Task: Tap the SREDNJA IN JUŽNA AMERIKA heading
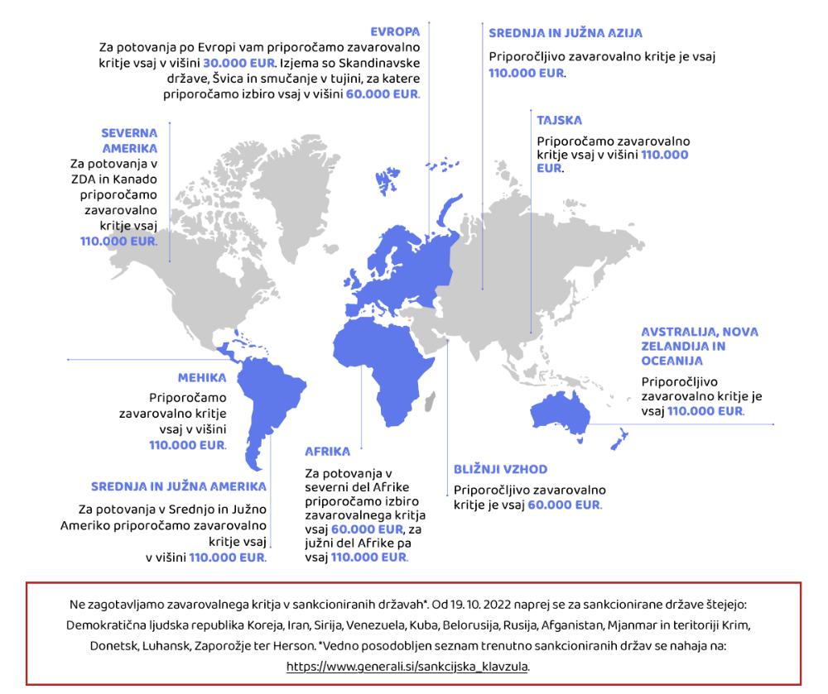coord(179,486)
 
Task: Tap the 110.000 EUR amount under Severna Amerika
coord(118,241)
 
